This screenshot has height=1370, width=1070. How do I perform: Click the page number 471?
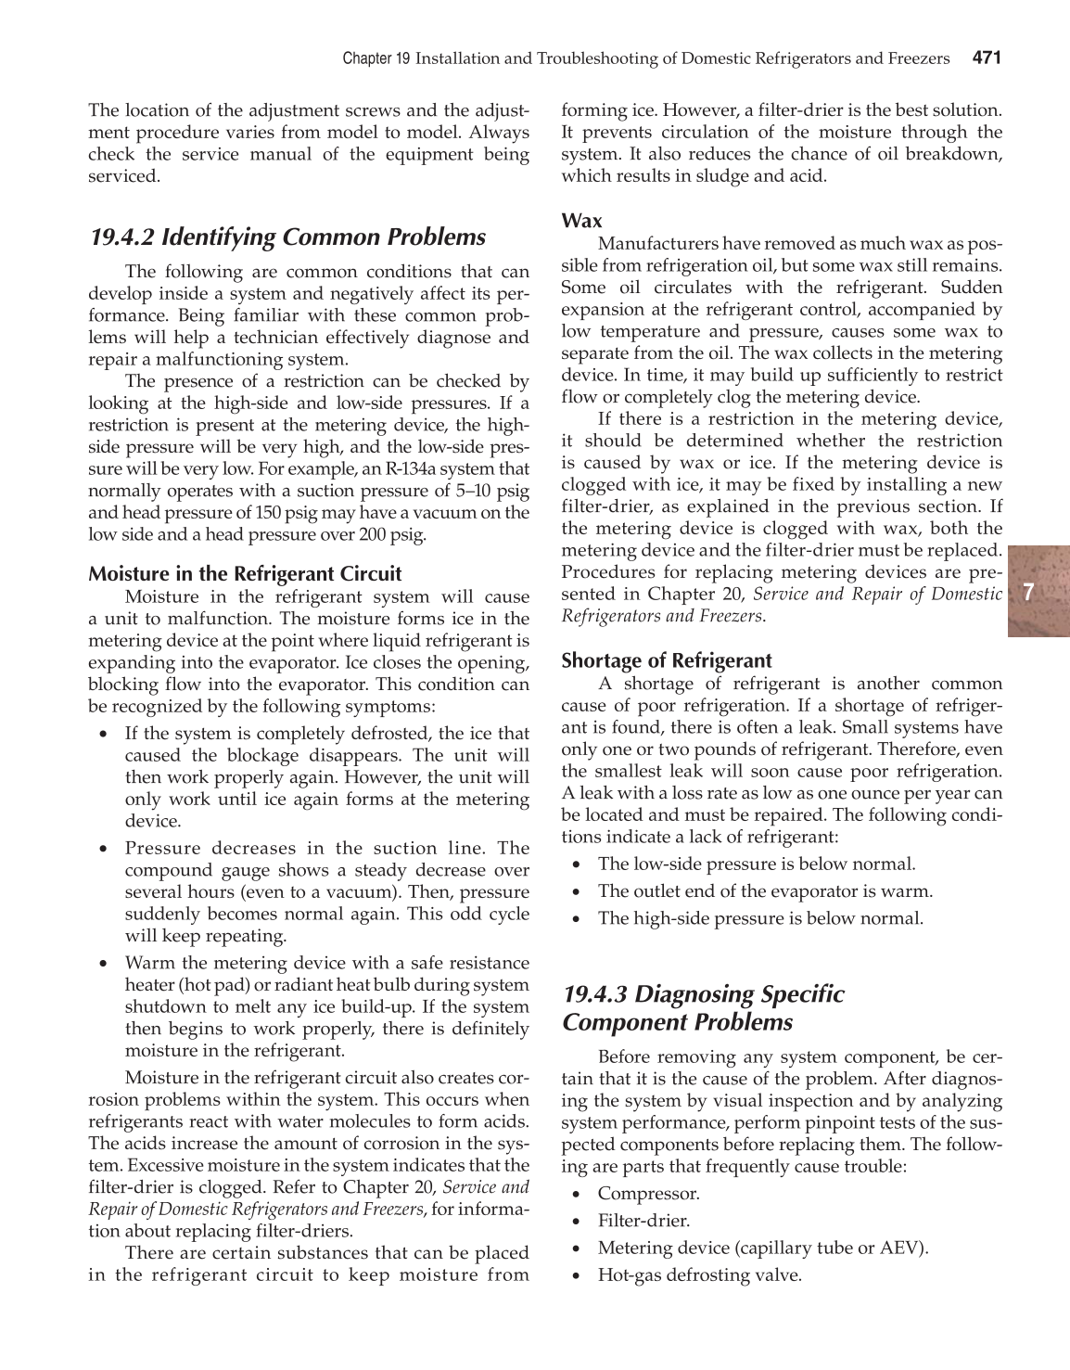coord(987,58)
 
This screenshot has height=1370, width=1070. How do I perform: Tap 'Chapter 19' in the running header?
coord(376,59)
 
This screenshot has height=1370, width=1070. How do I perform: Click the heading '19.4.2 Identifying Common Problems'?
coord(287,237)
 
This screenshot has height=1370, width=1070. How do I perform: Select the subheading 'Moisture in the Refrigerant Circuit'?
coord(245,574)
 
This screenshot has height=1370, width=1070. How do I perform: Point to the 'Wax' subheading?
coord(581,221)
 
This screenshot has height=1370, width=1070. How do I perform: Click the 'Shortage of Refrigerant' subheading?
coord(666,660)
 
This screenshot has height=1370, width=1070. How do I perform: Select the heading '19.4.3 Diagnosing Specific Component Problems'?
coord(703,1008)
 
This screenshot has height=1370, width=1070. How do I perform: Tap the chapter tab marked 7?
coord(1029,591)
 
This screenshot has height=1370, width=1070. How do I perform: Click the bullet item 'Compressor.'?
coord(648,1193)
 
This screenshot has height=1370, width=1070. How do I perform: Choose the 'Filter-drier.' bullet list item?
coord(643,1221)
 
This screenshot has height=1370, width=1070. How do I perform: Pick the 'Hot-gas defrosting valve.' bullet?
coord(699,1275)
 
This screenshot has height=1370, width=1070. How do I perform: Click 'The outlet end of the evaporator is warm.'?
coord(765,891)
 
